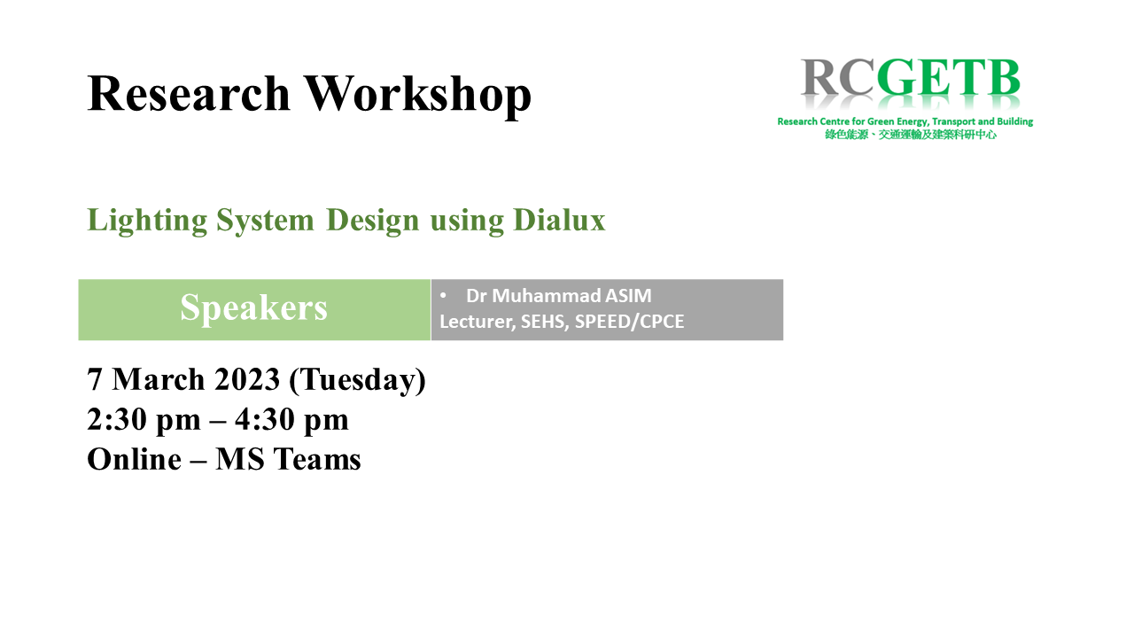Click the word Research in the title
(x=189, y=93)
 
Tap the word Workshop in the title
(x=417, y=97)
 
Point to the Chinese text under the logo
(x=910, y=135)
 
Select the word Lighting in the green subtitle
(x=147, y=221)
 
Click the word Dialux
(x=559, y=220)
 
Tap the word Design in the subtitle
(x=373, y=221)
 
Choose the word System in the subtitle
(x=265, y=222)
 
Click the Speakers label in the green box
(x=253, y=307)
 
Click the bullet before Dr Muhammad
(x=443, y=295)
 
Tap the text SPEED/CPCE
(x=629, y=322)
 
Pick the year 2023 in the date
(x=247, y=379)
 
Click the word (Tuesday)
(x=357, y=381)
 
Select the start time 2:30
(x=117, y=419)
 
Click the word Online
(x=134, y=459)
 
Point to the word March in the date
(x=158, y=379)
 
